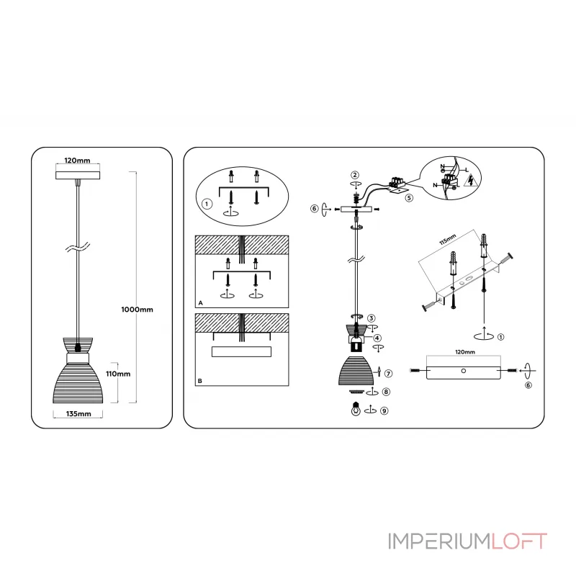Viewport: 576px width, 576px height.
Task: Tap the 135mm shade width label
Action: tap(78, 414)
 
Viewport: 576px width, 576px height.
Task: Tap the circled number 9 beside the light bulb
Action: tap(385, 411)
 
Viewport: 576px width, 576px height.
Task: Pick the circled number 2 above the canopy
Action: tap(355, 175)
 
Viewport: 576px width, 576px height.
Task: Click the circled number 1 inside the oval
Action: tap(207, 204)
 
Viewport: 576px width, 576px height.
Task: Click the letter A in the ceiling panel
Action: tap(200, 304)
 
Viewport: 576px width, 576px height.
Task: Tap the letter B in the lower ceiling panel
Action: tap(200, 379)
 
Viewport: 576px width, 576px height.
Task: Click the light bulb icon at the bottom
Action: tap(354, 410)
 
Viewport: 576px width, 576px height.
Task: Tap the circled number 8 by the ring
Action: tap(387, 392)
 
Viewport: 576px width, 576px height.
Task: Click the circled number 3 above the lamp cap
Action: tap(372, 318)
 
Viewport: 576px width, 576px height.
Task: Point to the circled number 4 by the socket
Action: tap(377, 338)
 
